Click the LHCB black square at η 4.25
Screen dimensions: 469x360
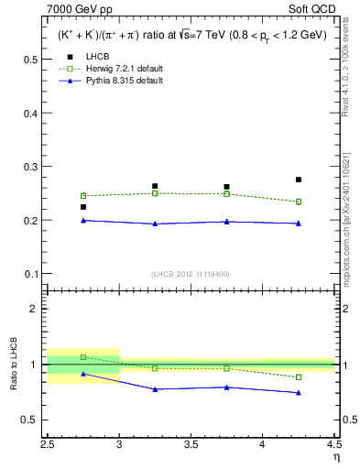click(299, 180)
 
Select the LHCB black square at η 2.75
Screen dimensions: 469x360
click(83, 207)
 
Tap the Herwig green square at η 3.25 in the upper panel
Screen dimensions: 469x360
click(155, 193)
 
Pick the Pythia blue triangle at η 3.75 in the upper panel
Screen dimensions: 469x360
click(226, 222)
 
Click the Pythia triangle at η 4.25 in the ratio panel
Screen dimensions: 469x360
click(299, 393)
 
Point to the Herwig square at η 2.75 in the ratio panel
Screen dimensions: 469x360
click(83, 357)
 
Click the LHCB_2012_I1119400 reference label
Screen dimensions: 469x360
click(190, 274)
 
